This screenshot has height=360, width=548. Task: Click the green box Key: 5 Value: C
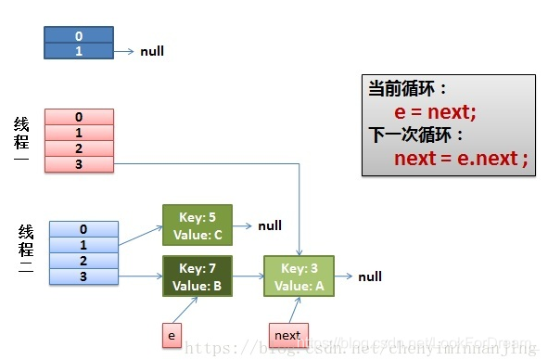pos(197,225)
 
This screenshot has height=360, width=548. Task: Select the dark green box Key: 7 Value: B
pos(197,276)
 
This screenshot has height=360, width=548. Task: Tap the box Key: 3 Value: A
pos(299,276)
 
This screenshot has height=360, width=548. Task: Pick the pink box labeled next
pos(288,335)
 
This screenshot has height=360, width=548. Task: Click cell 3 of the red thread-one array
pos(79,164)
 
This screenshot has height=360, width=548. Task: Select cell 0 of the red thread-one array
pos(79,117)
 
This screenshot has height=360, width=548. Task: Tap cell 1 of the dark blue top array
pos(79,51)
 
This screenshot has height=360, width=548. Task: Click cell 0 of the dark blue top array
pos(79,35)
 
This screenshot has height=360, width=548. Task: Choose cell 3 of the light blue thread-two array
pos(83,276)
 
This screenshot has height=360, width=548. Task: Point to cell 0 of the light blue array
pos(83,228)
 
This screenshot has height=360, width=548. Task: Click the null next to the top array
pos(152,51)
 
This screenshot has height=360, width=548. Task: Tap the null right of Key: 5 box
pos(270,225)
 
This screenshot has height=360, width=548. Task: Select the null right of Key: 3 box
pos(370,276)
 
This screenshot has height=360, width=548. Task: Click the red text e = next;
pos(435,112)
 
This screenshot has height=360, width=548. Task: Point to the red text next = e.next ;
pos(461,159)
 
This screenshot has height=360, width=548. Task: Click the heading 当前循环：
pos(408,89)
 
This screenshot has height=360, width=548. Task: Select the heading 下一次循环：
pos(414,135)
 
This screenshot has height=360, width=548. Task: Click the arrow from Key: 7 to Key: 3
pos(248,276)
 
